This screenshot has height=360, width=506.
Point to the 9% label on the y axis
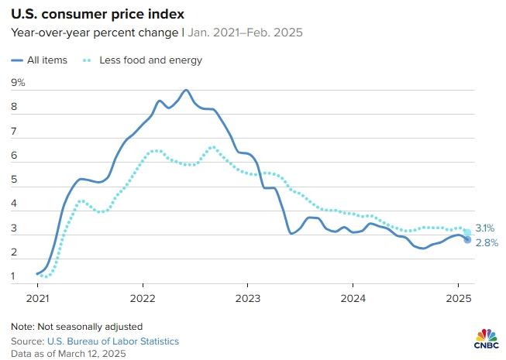coord(18,82)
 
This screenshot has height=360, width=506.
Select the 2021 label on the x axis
coord(38,298)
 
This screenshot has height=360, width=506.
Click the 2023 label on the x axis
coord(248,298)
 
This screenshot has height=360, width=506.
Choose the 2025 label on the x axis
coord(458,298)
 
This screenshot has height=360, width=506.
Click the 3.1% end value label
coord(485,228)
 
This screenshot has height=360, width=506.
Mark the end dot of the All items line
coord(467,240)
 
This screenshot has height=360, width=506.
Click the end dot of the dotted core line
coord(467,232)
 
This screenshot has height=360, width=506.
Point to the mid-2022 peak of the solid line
coord(186,91)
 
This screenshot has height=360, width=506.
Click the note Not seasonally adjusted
coord(77,326)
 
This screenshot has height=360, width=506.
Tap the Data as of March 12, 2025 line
coord(69,353)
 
